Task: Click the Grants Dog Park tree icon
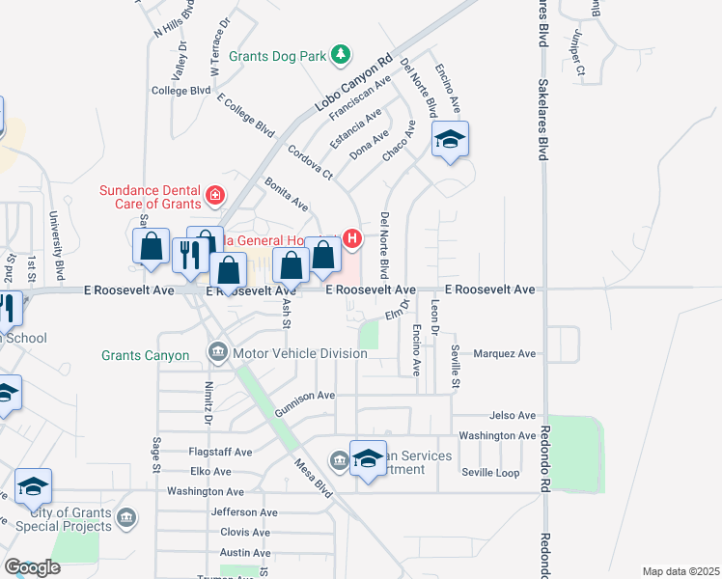(340, 56)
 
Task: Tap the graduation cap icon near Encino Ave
(449, 141)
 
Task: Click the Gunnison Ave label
(304, 396)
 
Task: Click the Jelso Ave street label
(512, 416)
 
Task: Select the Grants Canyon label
(146, 355)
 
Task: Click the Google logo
(32, 567)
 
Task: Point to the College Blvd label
(181, 91)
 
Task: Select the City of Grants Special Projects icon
(125, 520)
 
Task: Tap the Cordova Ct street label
(310, 163)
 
